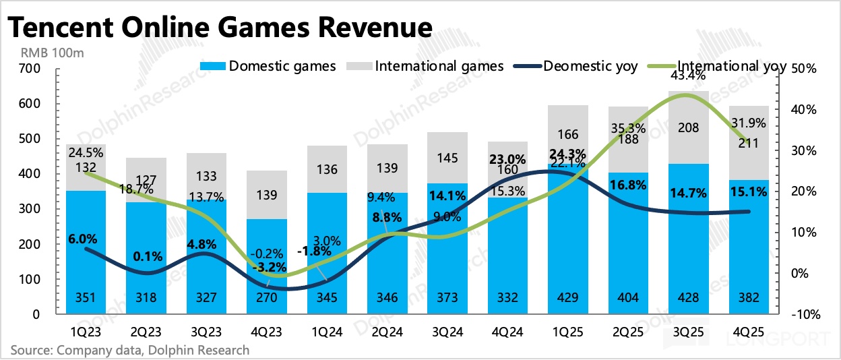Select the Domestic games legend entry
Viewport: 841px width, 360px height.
[269, 66]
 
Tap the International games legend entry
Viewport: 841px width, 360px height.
[427, 66]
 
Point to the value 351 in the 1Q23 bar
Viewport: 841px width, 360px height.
[86, 299]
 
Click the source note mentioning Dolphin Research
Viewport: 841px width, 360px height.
[129, 350]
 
